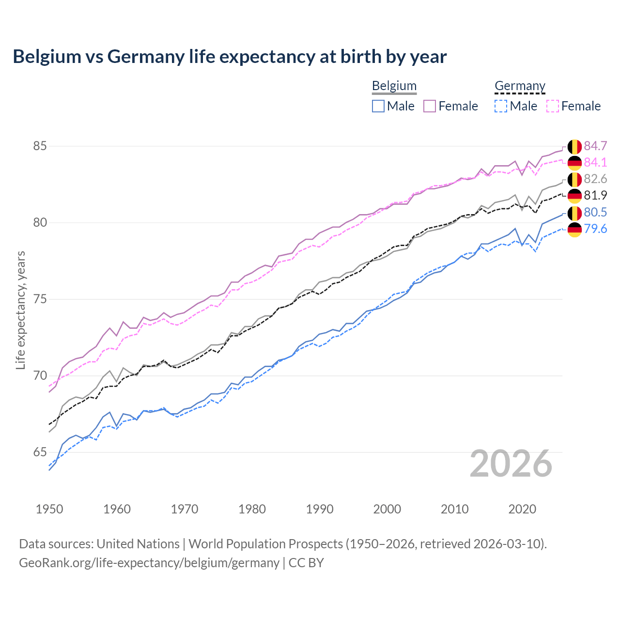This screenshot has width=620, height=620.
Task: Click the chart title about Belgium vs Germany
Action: click(230, 57)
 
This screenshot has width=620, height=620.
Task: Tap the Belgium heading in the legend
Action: click(394, 86)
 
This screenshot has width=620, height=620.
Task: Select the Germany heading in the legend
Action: click(520, 86)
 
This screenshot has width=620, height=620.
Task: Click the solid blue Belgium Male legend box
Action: click(378, 106)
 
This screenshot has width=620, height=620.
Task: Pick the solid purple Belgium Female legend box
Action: click(430, 106)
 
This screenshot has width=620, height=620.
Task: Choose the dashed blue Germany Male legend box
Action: click(501, 106)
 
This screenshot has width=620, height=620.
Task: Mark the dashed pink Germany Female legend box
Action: click(552, 106)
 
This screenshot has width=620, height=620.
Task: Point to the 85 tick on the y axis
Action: click(40, 146)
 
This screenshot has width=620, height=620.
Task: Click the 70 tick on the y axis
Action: click(40, 376)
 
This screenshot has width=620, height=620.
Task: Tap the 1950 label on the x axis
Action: click(49, 509)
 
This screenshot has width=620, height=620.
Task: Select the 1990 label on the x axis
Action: click(320, 509)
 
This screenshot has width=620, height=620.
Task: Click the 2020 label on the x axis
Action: click(522, 509)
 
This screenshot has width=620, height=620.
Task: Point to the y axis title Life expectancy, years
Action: click(20, 310)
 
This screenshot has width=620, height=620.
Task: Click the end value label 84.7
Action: click(595, 146)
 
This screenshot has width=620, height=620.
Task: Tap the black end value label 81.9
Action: click(595, 195)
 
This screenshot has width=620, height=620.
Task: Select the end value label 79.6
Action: click(595, 229)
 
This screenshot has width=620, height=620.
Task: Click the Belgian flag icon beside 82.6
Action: click(574, 179)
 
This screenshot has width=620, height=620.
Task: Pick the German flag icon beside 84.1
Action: click(574, 163)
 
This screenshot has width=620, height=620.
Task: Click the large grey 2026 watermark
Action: click(511, 464)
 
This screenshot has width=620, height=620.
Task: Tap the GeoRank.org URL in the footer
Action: click(149, 563)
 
